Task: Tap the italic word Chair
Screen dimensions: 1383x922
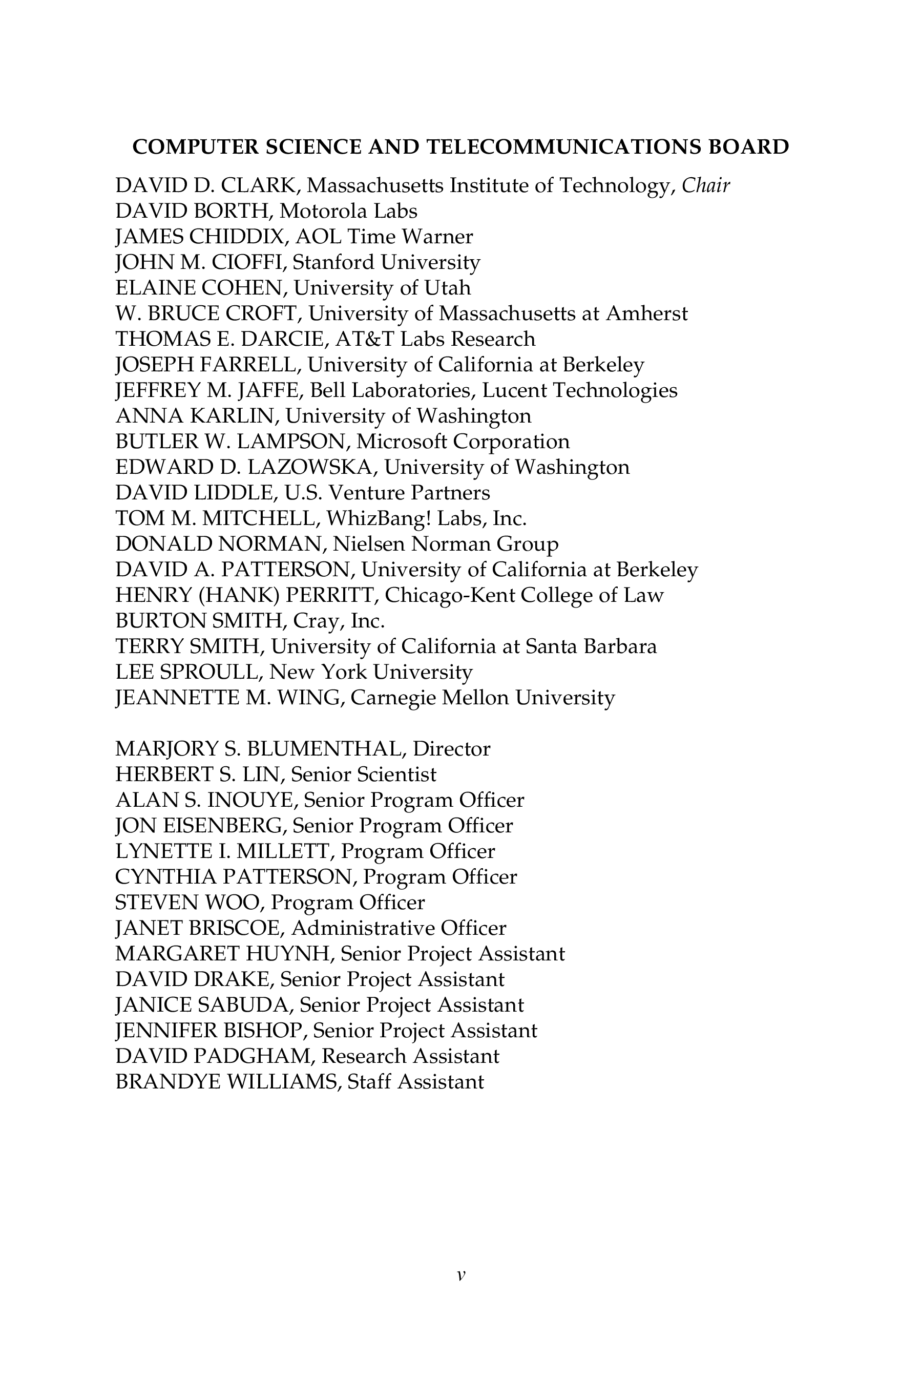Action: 706,186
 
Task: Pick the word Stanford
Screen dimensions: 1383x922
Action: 333,262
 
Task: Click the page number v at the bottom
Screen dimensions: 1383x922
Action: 461,1275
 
